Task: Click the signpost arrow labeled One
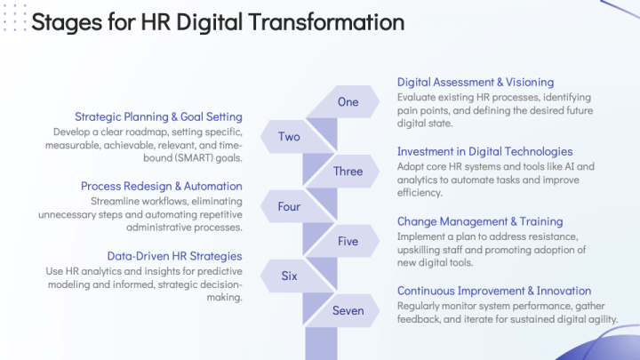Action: (x=348, y=102)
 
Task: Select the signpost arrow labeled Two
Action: (x=290, y=137)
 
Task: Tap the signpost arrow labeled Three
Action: (x=348, y=172)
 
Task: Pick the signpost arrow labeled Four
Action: (x=290, y=206)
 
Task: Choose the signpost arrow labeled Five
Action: (x=348, y=241)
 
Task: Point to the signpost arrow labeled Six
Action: (x=290, y=276)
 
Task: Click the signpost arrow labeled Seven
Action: (x=348, y=310)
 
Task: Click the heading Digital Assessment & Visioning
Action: (x=476, y=83)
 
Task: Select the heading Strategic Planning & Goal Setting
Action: (x=158, y=116)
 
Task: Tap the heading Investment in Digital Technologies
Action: (x=484, y=152)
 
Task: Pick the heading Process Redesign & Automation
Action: (x=161, y=186)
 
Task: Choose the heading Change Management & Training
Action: (x=480, y=221)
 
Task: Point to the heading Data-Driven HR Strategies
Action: (x=174, y=255)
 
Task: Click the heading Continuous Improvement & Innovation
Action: (x=494, y=291)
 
